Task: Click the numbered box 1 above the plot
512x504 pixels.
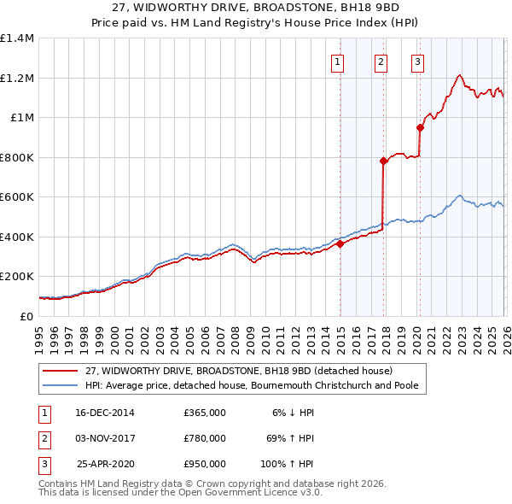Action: pyautogui.click(x=338, y=62)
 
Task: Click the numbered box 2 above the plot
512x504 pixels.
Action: pyautogui.click(x=380, y=62)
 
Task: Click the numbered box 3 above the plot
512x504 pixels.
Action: pyautogui.click(x=417, y=62)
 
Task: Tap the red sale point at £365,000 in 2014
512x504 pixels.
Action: pyautogui.click(x=340, y=243)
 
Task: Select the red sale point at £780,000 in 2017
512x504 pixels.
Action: pyautogui.click(x=383, y=161)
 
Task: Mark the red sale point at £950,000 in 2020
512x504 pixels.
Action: pyautogui.click(x=420, y=128)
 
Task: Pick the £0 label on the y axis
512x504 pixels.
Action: pyautogui.click(x=26, y=316)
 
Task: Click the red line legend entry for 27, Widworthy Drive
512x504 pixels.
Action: pyautogui.click(x=238, y=372)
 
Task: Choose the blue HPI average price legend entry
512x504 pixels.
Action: pyautogui.click(x=253, y=385)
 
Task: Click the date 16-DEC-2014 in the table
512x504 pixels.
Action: pyautogui.click(x=105, y=412)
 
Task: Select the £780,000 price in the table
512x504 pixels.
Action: pyautogui.click(x=205, y=438)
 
